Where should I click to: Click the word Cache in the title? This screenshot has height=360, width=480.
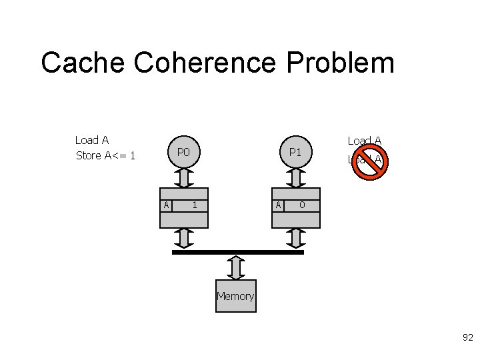pos(83,63)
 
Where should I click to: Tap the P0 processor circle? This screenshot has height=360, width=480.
pos(184,153)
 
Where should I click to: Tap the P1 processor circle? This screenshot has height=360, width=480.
pos(295,153)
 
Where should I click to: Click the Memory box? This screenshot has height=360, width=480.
pos(235,296)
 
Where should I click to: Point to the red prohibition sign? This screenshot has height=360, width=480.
pos(369,160)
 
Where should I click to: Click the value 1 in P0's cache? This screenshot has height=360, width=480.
pos(194,205)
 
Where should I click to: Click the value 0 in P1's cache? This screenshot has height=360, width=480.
pos(302,205)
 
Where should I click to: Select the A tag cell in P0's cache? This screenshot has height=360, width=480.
pos(166,205)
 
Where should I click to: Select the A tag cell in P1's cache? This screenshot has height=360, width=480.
pos(278,205)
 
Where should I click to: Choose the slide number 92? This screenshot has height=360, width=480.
pos(467,338)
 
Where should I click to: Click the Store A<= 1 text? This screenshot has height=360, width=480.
pos(106,156)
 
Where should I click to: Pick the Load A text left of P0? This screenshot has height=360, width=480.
pos(92,140)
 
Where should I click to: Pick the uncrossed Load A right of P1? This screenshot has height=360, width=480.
pos(365,141)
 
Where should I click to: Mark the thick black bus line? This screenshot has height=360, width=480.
pos(238,253)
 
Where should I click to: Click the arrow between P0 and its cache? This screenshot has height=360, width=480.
pos(184,179)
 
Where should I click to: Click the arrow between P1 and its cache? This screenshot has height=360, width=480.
pos(295,179)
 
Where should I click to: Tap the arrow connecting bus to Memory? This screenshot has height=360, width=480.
pos(235,267)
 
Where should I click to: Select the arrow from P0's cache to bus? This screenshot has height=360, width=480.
pos(184,238)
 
